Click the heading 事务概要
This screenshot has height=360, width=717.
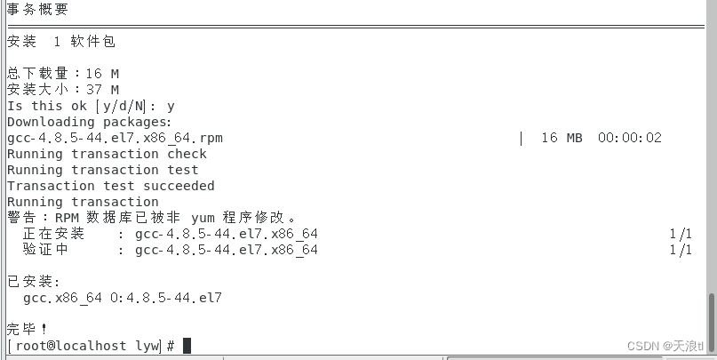coord(37,10)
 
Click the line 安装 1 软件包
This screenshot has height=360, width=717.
coord(61,42)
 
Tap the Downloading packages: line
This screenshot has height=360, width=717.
coord(90,122)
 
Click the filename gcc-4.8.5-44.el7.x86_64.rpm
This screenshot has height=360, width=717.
coord(115,138)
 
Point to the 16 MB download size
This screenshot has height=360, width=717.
coord(561,138)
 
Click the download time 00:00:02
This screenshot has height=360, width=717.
coord(629,138)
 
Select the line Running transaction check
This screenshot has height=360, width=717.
coord(107,154)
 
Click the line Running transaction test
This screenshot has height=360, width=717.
coord(102,170)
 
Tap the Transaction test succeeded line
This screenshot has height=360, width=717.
coord(111,186)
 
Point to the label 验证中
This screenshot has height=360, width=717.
coord(45,250)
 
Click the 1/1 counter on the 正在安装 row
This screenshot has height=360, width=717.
coord(681,234)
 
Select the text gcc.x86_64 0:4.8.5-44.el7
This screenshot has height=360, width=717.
coord(123,298)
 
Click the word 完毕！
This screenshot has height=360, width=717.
coord(27,329)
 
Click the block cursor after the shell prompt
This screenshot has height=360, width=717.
coord(187,345)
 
